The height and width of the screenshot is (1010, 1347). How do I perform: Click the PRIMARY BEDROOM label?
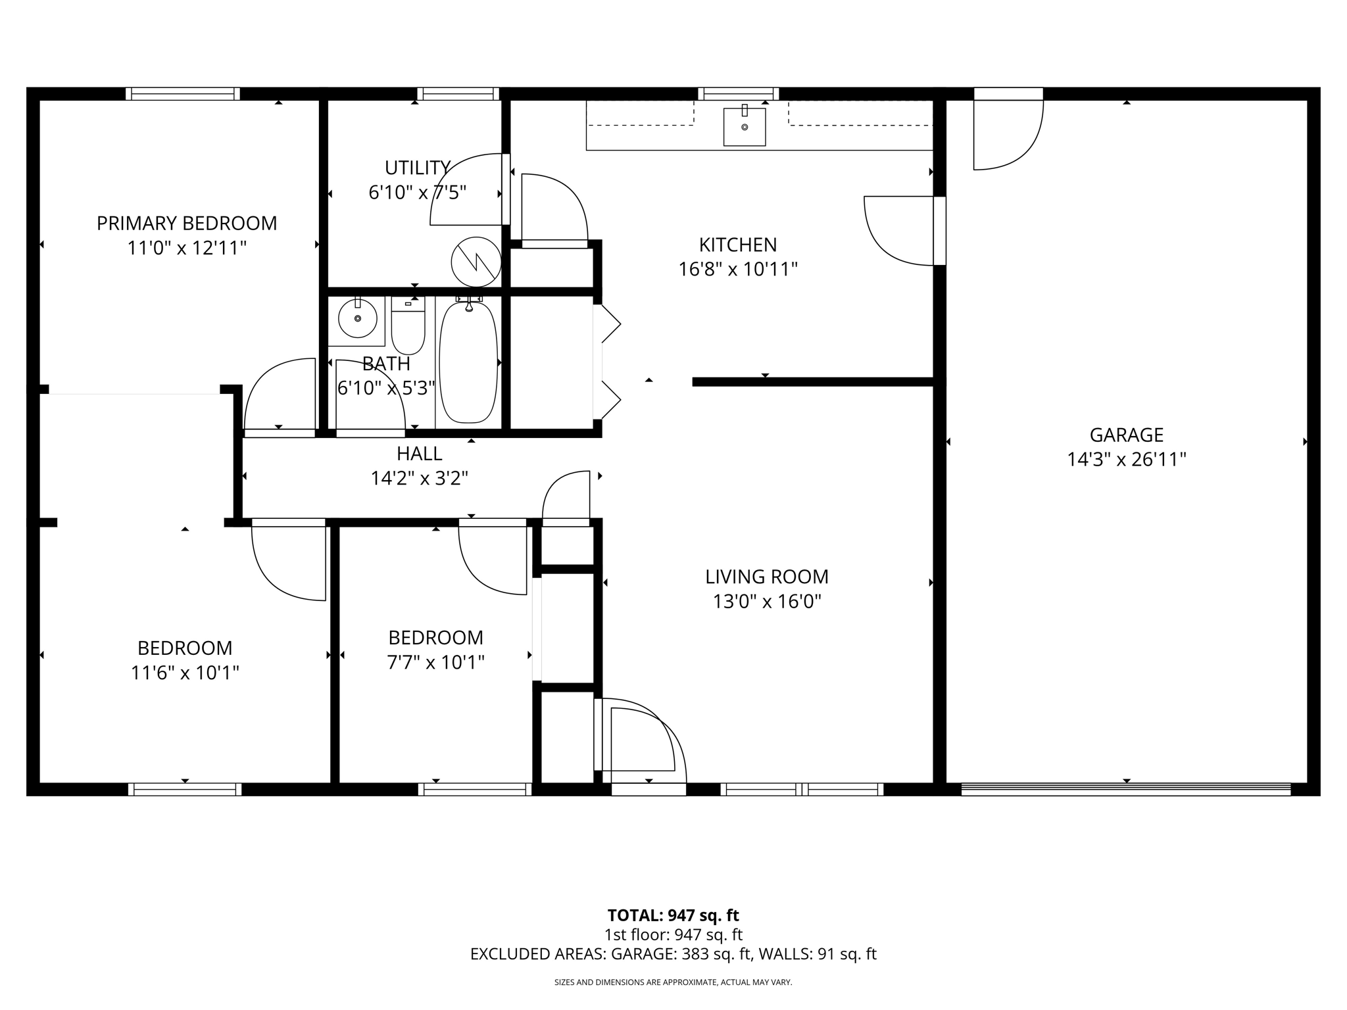[187, 224]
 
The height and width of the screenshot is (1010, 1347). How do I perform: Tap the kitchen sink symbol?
[745, 127]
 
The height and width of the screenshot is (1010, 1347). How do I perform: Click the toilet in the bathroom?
[408, 327]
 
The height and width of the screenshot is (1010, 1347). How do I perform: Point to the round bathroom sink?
[357, 319]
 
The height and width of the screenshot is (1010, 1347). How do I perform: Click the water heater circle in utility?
[476, 262]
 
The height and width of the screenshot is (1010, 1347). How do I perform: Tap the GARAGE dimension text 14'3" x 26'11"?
[1126, 460]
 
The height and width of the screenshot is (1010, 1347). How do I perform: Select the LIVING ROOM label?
[766, 577]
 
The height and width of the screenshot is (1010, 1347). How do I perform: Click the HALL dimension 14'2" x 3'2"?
[419, 478]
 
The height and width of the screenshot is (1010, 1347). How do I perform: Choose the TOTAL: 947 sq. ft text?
[673, 915]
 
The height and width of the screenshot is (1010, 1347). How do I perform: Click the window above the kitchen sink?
[738, 94]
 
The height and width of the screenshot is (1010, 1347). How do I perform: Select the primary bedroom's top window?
[183, 94]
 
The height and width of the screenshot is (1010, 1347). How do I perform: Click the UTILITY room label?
[417, 168]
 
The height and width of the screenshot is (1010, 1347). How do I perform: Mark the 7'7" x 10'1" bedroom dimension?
[435, 662]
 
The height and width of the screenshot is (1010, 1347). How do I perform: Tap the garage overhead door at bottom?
[1125, 789]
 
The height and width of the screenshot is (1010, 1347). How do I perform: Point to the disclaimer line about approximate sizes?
[673, 982]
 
